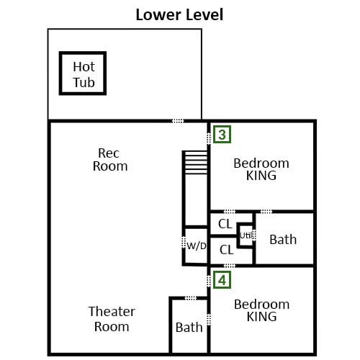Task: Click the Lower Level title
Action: pyautogui.click(x=179, y=14)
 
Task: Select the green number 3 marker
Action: pyautogui.click(x=222, y=135)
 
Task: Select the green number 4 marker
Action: pyautogui.click(x=222, y=280)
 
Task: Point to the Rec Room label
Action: pyautogui.click(x=110, y=160)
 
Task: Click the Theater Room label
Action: pyautogui.click(x=112, y=319)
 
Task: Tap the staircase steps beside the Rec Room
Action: pyautogui.click(x=196, y=162)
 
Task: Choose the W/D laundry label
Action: pyautogui.click(x=197, y=246)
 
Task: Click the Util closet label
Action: pyautogui.click(x=246, y=235)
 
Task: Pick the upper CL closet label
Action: pyautogui.click(x=225, y=224)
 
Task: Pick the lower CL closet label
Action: pyautogui.click(x=226, y=250)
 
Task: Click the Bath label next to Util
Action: pyautogui.click(x=283, y=240)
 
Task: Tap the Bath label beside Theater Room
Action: pyautogui.click(x=189, y=328)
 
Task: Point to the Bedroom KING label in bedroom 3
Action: pyautogui.click(x=261, y=169)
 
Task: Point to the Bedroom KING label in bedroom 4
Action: pyautogui.click(x=261, y=310)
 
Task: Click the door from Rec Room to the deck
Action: pyautogui.click(x=178, y=121)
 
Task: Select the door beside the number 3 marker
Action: pyautogui.click(x=209, y=138)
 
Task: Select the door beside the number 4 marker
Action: pyautogui.click(x=209, y=281)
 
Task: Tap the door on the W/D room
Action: pyautogui.click(x=184, y=243)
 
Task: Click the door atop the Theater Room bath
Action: pyautogui.click(x=191, y=298)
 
